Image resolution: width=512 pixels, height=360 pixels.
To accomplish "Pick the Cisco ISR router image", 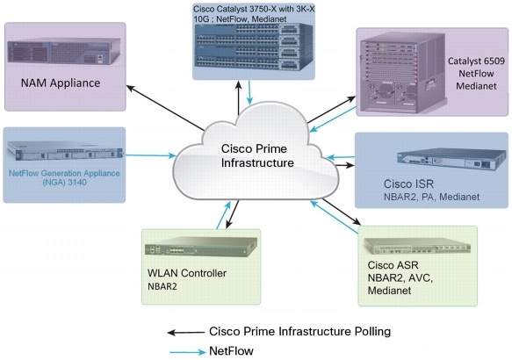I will tap(443, 162).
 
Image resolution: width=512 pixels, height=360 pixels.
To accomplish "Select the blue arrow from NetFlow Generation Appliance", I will tap(150, 156).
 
